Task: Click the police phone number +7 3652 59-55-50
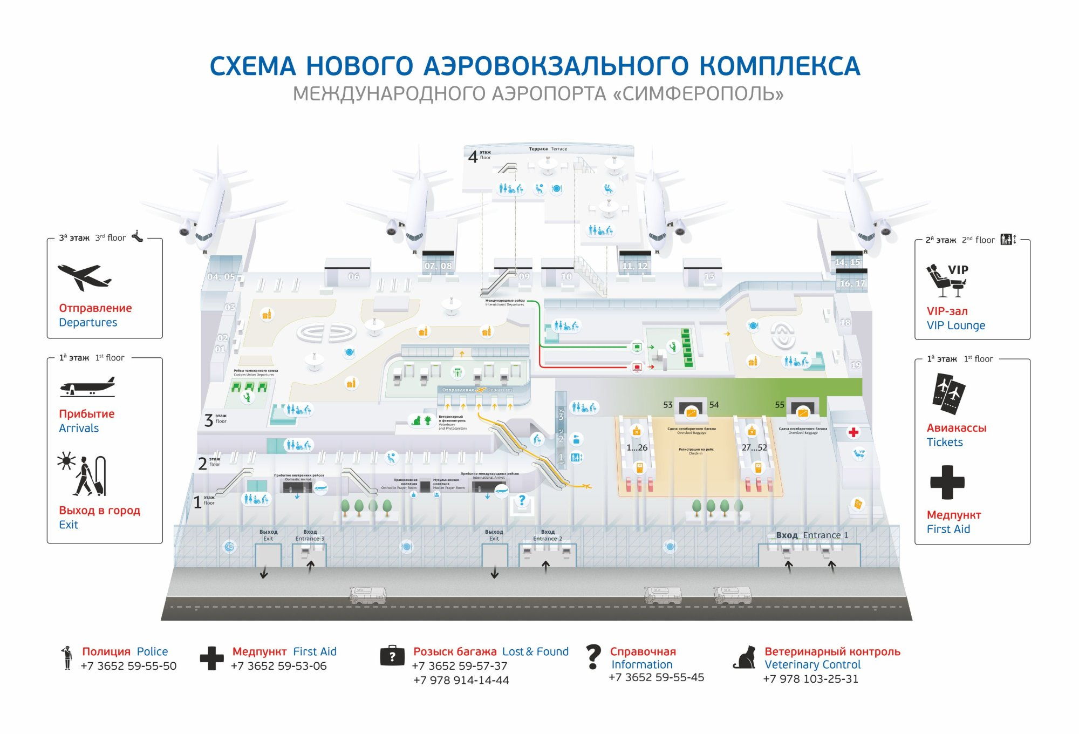coord(128,666)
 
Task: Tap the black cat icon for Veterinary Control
coord(745,657)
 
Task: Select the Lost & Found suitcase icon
coord(392,656)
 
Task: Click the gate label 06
coord(353,276)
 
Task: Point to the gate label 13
coord(709,276)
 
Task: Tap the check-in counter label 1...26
coord(637,447)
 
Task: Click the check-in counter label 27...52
coord(754,447)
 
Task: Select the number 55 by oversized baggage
coord(780,405)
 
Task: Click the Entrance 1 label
coord(825,535)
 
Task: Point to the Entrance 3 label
coord(310,538)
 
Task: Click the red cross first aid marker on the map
coord(853,432)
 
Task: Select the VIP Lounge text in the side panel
coord(955,325)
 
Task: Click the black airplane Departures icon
coord(84,277)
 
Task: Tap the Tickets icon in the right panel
coord(948,391)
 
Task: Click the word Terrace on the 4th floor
coord(559,149)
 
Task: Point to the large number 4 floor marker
coord(473,157)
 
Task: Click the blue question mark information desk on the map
coord(522,501)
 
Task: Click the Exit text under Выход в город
coord(69,525)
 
